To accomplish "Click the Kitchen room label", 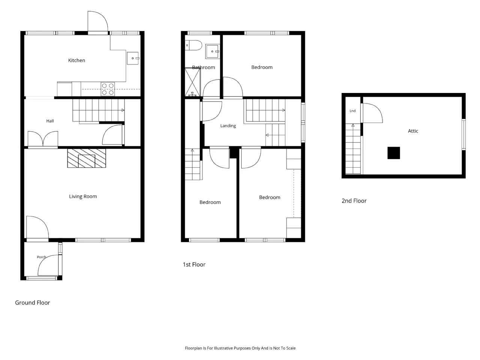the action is (x=76, y=60).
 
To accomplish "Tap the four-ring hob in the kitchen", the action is (x=108, y=89).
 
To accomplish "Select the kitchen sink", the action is (x=133, y=58).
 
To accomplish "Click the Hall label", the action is (x=50, y=121).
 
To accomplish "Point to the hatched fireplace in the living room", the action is (x=87, y=158).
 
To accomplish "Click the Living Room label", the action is (x=83, y=196).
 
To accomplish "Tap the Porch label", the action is (x=41, y=257).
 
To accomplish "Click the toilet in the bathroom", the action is (x=193, y=45).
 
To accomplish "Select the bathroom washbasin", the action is (x=212, y=51).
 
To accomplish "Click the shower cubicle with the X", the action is (x=192, y=82).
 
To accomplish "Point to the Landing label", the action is (x=228, y=126).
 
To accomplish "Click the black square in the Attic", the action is (x=394, y=153).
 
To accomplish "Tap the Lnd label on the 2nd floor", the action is (x=352, y=111).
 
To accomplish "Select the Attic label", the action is (x=413, y=131).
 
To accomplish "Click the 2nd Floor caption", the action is (x=354, y=201).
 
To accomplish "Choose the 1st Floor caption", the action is (x=194, y=264).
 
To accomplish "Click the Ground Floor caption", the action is (x=33, y=303).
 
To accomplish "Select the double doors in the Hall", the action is (x=43, y=139).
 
